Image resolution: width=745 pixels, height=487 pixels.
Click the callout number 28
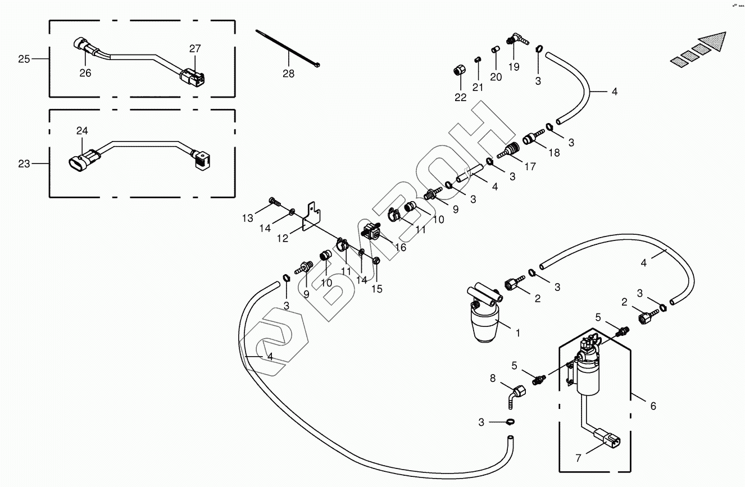tap(288, 74)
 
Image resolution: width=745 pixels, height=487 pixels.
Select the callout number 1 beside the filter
tap(517, 333)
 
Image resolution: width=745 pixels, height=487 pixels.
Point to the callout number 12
tap(283, 239)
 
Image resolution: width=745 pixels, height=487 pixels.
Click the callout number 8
tap(493, 379)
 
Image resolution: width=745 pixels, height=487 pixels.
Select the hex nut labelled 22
tap(458, 72)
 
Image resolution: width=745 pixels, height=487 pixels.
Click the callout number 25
tap(24, 58)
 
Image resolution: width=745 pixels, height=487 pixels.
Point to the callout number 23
tap(24, 164)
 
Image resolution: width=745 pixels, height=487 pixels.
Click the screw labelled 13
tap(274, 201)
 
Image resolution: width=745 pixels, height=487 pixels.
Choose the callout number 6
tap(653, 406)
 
